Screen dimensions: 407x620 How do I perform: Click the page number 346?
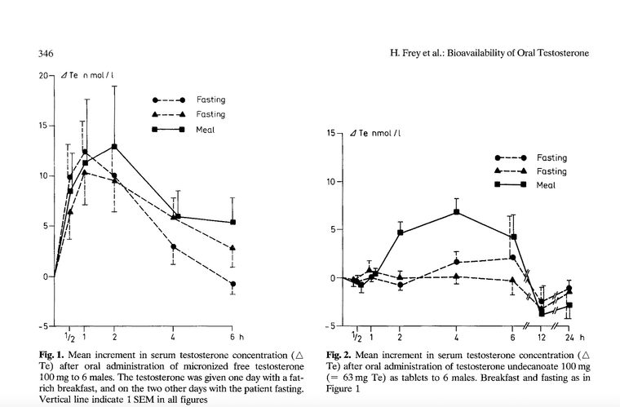pos(46,53)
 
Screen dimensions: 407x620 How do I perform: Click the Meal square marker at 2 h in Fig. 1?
pos(115,147)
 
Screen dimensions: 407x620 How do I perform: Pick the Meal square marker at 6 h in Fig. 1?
pos(234,222)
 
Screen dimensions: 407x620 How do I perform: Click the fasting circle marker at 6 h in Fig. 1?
pos(234,284)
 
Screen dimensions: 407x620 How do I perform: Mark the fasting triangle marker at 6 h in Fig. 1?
pos(234,248)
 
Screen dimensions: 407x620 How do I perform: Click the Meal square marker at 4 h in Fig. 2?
pos(456,212)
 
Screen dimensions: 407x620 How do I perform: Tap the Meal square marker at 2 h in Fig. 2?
pos(400,232)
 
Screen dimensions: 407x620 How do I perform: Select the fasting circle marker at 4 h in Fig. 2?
pos(456,262)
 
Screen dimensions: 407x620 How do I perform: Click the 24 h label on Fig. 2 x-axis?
pos(571,337)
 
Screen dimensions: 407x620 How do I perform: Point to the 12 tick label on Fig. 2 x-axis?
pos(541,337)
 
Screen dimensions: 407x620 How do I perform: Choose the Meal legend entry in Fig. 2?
pos(551,185)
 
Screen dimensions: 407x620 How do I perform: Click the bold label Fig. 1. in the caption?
pos(52,356)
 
